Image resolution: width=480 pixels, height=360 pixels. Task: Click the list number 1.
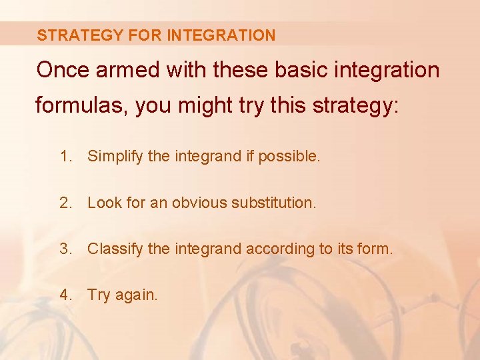click(x=65, y=157)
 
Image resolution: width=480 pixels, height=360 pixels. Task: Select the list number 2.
click(x=65, y=203)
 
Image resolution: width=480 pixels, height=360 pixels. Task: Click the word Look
click(x=103, y=203)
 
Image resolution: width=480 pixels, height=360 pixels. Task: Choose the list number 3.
click(x=65, y=249)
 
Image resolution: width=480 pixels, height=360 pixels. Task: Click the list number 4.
click(x=65, y=295)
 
